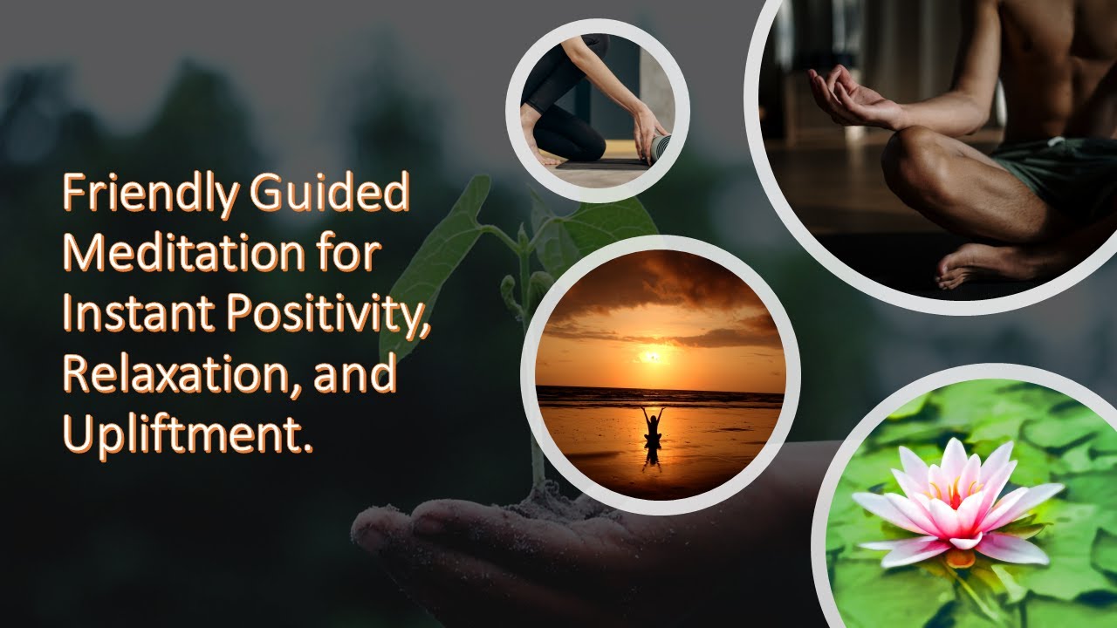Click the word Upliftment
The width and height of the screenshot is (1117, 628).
187,433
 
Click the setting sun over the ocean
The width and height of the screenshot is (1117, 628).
652,355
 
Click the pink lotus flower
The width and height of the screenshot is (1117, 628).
956,506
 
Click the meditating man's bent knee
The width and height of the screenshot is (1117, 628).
916,157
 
